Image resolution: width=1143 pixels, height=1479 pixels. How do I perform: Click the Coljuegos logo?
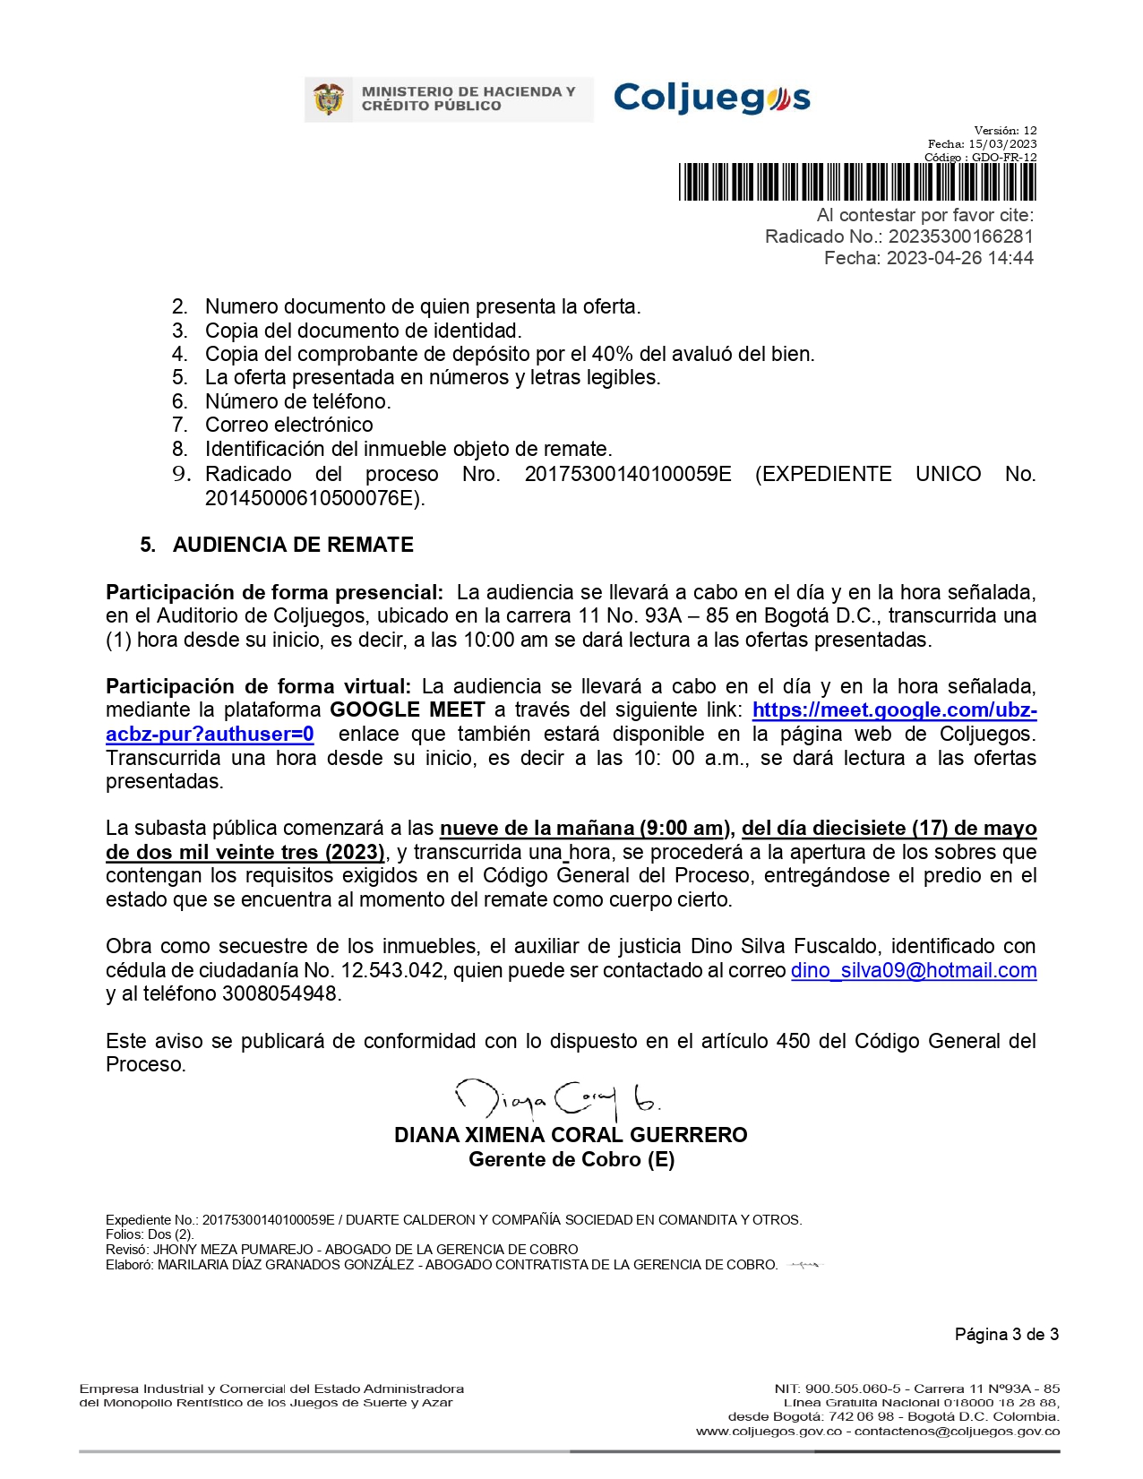[711, 98]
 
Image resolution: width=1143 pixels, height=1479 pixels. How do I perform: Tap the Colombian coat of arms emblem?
[330, 99]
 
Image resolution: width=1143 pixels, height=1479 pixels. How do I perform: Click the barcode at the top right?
[856, 182]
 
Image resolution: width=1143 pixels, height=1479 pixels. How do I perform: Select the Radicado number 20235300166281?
[960, 236]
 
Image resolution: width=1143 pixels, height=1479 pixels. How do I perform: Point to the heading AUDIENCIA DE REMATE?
[293, 545]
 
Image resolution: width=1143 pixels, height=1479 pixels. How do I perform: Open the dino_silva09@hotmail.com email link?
[913, 970]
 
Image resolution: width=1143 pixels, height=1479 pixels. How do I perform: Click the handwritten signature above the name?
[559, 1099]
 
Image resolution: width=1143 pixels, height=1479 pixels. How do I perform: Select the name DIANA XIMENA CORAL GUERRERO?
[571, 1135]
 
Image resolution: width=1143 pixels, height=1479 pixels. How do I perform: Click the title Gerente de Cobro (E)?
[571, 1159]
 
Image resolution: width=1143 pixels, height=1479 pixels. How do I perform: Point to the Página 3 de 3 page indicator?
[1006, 1334]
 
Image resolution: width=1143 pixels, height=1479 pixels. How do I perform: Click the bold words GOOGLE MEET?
[407, 709]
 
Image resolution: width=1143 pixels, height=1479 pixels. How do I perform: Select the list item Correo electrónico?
[288, 425]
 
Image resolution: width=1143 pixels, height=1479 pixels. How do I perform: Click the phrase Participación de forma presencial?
[274, 592]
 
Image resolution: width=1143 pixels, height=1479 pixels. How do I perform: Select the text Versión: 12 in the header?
[1005, 131]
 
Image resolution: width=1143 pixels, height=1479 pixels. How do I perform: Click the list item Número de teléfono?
[297, 401]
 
